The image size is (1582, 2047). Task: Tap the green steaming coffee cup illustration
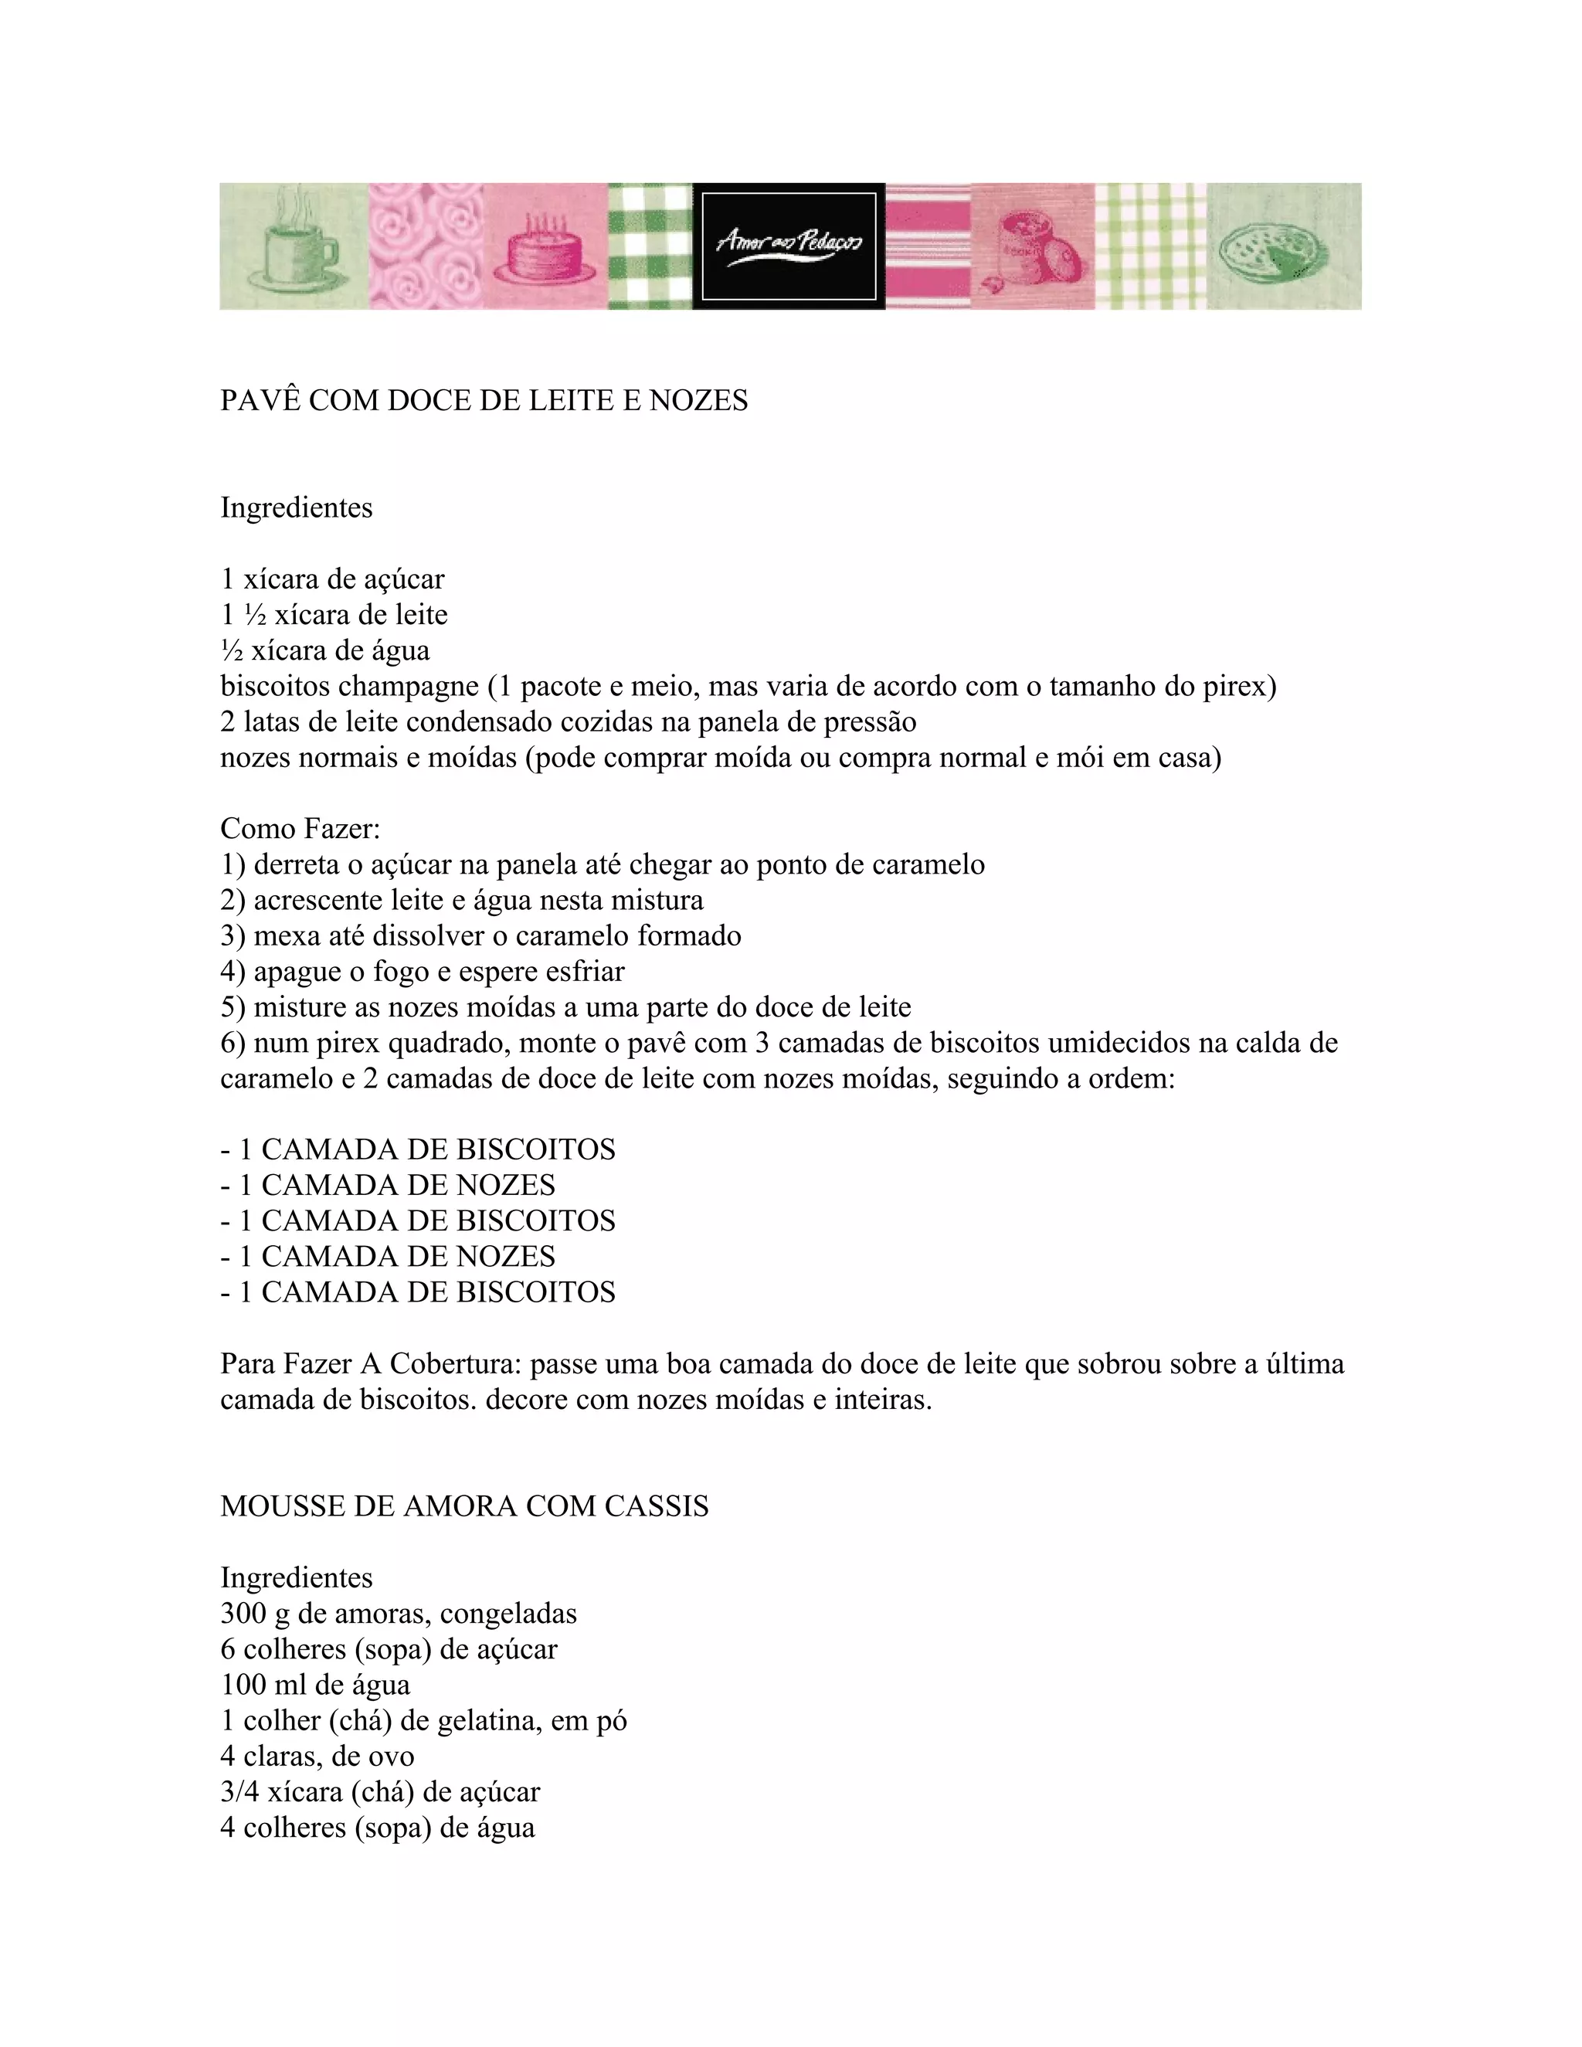pos(293,243)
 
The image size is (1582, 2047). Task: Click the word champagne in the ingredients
pos(409,686)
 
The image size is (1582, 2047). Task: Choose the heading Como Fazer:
pos(300,829)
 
